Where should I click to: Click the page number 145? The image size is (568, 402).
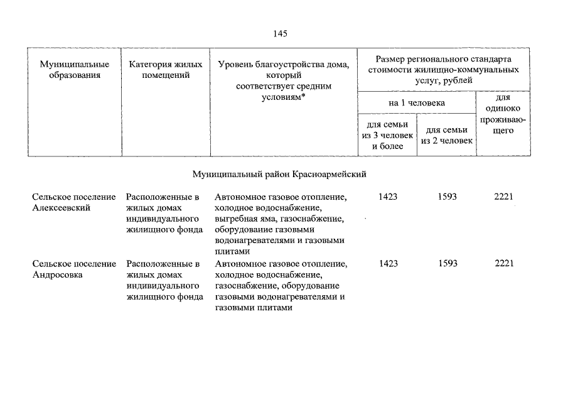click(x=280, y=34)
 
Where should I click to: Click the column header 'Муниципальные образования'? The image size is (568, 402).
click(x=74, y=70)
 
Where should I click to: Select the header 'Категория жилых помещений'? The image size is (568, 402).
click(x=165, y=70)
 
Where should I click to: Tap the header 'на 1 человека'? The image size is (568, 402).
click(x=417, y=102)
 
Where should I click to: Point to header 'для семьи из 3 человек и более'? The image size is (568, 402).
click(x=387, y=135)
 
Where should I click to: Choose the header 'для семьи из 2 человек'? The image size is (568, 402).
click(x=447, y=135)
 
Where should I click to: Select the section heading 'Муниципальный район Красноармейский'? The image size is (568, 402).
click(x=279, y=171)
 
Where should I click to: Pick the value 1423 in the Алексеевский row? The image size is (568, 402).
click(x=388, y=197)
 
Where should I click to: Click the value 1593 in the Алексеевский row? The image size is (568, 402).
click(x=447, y=197)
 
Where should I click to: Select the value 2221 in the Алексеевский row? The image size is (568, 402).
click(x=504, y=197)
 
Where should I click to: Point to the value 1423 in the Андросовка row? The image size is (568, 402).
click(x=388, y=264)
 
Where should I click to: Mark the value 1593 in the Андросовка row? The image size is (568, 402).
click(x=447, y=264)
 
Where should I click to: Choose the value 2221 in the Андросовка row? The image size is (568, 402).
click(x=504, y=264)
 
